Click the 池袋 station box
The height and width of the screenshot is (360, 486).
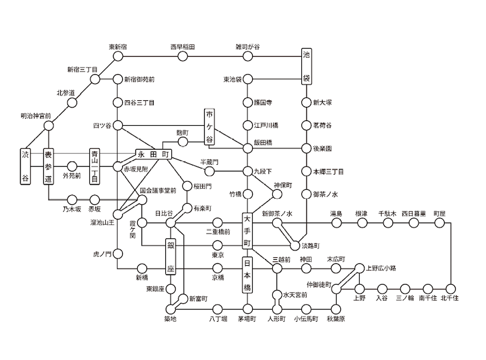point(307,66)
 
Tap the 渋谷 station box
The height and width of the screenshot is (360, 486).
point(26,167)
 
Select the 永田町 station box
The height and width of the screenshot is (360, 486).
point(154,154)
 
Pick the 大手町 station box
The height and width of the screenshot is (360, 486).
point(247,231)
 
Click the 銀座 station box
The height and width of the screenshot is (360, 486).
point(171,257)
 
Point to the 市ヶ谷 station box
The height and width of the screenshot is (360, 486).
point(210,126)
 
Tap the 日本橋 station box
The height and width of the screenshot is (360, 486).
point(247,275)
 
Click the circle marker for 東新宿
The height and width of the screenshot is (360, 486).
point(118,57)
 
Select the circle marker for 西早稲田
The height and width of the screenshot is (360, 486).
point(183,57)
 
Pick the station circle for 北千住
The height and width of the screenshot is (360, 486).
point(450,289)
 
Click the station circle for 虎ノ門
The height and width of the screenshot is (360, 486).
point(118,254)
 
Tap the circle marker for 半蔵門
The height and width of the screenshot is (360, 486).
point(210,171)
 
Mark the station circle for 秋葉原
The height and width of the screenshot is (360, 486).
point(337,309)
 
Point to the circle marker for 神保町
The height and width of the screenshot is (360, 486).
point(277,194)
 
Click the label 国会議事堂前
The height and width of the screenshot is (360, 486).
point(158,190)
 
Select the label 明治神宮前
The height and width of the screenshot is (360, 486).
point(36,116)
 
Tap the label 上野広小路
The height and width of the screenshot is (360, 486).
point(381,268)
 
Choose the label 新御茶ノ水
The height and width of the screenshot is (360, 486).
point(277,214)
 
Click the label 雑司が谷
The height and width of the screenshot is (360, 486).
point(248,47)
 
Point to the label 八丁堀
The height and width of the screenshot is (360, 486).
point(218,319)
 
